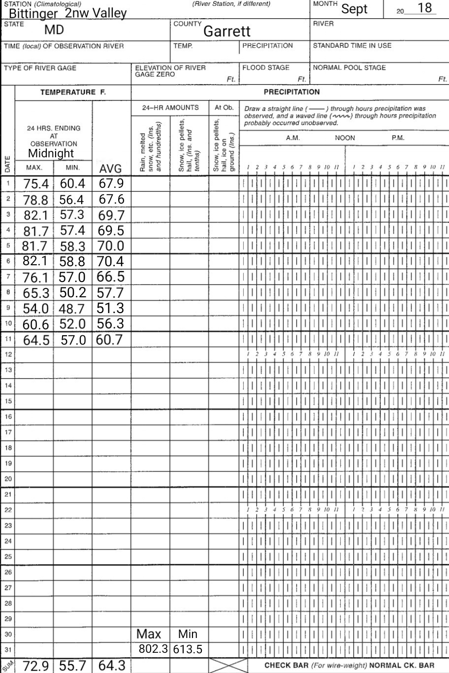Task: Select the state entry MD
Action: (x=54, y=31)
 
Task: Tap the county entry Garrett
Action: (x=227, y=32)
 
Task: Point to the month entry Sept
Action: (x=354, y=9)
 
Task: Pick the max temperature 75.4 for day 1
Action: (x=36, y=184)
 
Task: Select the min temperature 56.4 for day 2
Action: (x=72, y=200)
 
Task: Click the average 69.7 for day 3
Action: (x=111, y=215)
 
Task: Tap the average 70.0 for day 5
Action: (x=110, y=247)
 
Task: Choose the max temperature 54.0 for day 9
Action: (x=36, y=309)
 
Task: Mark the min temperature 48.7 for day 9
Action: (x=72, y=309)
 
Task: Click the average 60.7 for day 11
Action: (x=109, y=340)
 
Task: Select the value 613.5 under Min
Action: (x=188, y=650)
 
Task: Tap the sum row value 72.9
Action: (x=36, y=666)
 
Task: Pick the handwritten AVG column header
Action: (x=110, y=169)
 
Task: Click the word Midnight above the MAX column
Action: (x=51, y=153)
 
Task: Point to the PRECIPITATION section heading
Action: (x=291, y=92)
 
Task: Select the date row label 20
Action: (x=8, y=478)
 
